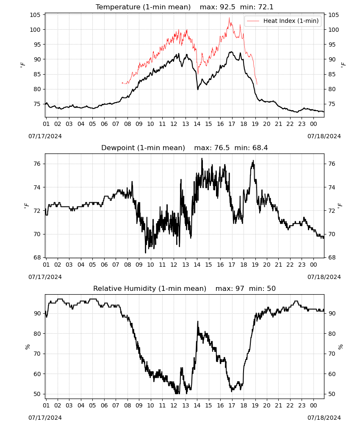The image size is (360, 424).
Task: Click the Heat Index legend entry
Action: pyautogui.click(x=283, y=21)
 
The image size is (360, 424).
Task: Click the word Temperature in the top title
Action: pyautogui.click(x=118, y=7)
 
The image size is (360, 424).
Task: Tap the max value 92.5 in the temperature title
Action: pyautogui.click(x=228, y=7)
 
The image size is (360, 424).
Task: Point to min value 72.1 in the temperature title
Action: pyautogui.click(x=266, y=7)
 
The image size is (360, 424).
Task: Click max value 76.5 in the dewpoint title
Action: pyautogui.click(x=222, y=148)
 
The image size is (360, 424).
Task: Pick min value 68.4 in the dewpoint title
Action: pyautogui.click(x=260, y=148)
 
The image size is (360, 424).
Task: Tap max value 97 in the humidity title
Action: pyautogui.click(x=240, y=288)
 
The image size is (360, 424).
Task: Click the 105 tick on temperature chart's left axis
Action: pyautogui.click(x=35, y=15)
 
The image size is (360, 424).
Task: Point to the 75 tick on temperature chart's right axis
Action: pyautogui.click(x=332, y=104)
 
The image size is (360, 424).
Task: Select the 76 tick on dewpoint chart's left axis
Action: pyautogui.click(x=37, y=164)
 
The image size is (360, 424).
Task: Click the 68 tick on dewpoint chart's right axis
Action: pyautogui.click(x=332, y=258)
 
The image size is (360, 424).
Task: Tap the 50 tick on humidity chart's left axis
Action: pyautogui.click(x=37, y=394)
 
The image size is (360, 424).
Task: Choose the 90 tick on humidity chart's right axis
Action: pyautogui.click(x=332, y=313)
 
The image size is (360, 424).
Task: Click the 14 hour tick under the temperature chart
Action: pyautogui.click(x=197, y=124)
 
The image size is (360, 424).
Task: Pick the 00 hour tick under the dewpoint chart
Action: pyautogui.click(x=313, y=265)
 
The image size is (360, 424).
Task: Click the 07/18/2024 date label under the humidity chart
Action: pyautogui.click(x=324, y=418)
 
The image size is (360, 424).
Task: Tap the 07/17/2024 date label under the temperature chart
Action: pyautogui.click(x=45, y=136)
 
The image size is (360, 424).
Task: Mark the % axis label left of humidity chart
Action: pyautogui.click(x=28, y=347)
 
